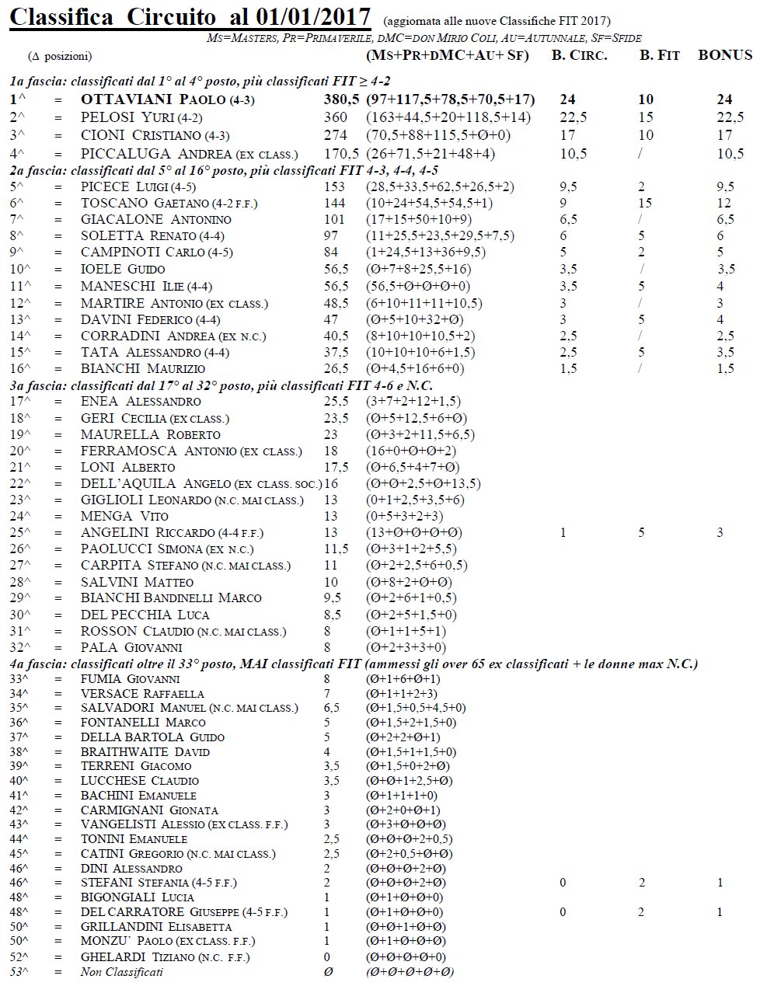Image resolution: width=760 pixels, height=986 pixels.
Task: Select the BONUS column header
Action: click(x=725, y=55)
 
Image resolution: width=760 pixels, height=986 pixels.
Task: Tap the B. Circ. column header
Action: click(x=579, y=55)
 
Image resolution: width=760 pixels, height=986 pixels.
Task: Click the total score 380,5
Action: click(x=341, y=100)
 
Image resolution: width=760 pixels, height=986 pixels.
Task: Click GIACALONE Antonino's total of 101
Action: click(x=333, y=219)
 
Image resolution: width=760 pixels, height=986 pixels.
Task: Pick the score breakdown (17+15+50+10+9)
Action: click(x=419, y=219)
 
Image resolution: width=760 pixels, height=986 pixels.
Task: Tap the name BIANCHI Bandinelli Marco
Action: click(x=171, y=598)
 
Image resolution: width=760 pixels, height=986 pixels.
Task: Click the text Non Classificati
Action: click(x=122, y=972)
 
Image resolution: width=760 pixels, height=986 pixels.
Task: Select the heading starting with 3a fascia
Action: click(x=221, y=385)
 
